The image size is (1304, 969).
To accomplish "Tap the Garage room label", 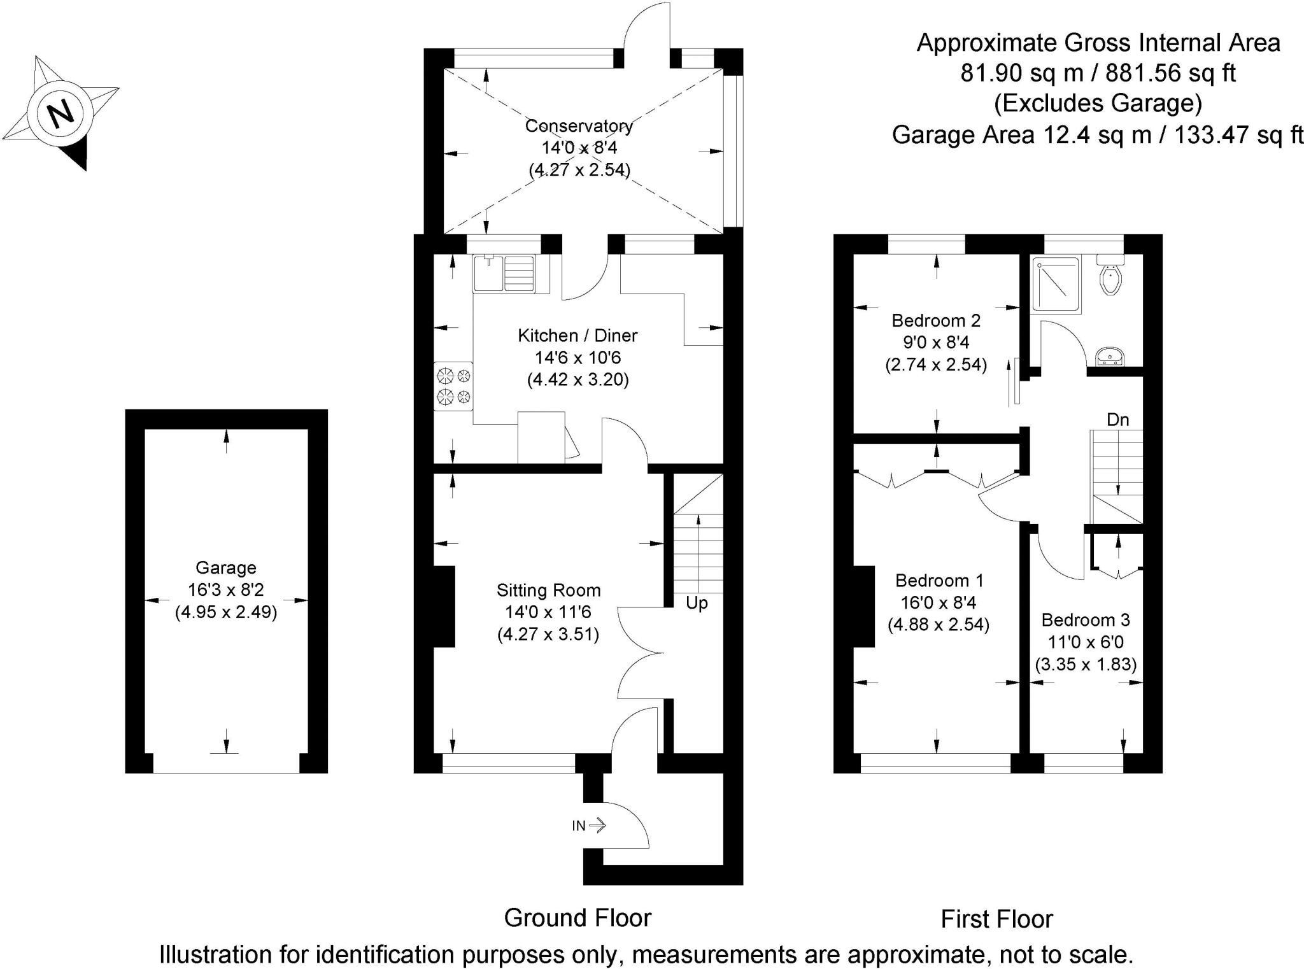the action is tap(225, 567).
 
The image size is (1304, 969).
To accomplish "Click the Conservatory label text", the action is tap(579, 126).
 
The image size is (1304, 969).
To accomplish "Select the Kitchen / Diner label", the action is tap(577, 336).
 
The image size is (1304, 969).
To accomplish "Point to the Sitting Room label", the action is tap(548, 590).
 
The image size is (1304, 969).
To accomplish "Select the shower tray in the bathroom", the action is tap(1056, 285).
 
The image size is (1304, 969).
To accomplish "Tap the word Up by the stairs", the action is tap(697, 602).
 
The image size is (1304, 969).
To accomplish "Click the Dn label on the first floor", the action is tap(1117, 420).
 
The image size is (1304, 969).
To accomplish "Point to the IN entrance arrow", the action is tap(589, 826).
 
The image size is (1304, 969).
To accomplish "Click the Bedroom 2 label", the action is tap(936, 320).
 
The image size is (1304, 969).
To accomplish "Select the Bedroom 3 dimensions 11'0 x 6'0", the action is tap(1086, 642).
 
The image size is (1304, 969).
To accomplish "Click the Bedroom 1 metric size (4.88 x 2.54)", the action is tap(938, 625).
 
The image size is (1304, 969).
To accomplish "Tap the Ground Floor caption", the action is tap(578, 918).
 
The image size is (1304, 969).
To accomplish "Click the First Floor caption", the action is tap(996, 919).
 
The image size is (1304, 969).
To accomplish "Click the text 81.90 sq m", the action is tap(1021, 73).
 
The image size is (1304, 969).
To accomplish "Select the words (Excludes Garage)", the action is tap(1098, 103).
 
